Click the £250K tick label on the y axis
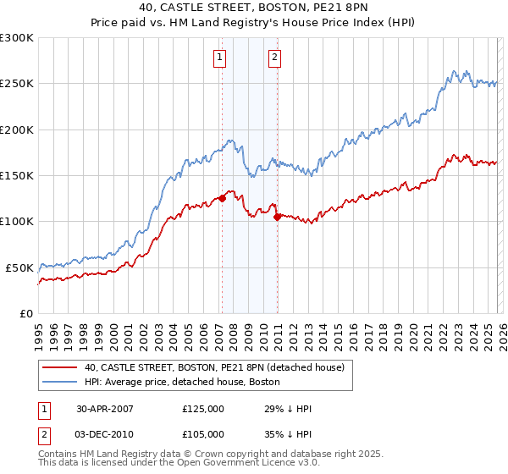(x=17, y=84)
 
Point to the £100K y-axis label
(x=17, y=221)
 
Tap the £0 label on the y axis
(x=25, y=313)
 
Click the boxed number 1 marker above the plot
(x=219, y=58)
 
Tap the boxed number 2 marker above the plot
(x=275, y=58)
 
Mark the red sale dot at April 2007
(x=222, y=198)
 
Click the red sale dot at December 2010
(x=277, y=217)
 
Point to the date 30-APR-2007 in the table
(x=105, y=409)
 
